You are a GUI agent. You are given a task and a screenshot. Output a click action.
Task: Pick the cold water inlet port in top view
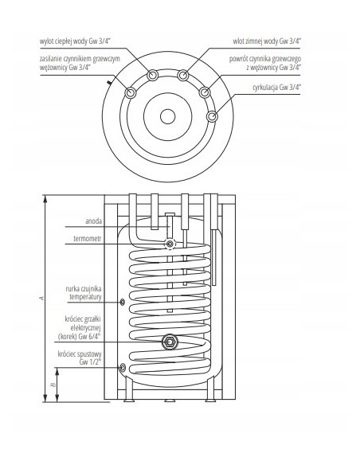coord(183,76)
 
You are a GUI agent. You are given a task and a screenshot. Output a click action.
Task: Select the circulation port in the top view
coord(211,117)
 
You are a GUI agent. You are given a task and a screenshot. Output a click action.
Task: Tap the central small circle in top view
coord(167,115)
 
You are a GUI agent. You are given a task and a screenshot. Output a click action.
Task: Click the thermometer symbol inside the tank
coord(169,244)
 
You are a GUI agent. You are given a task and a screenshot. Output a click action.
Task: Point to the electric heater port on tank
coord(170,342)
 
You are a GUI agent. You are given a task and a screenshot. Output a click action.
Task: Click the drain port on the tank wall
coord(122,368)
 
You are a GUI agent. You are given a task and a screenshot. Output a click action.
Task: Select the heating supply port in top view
coord(128,92)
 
